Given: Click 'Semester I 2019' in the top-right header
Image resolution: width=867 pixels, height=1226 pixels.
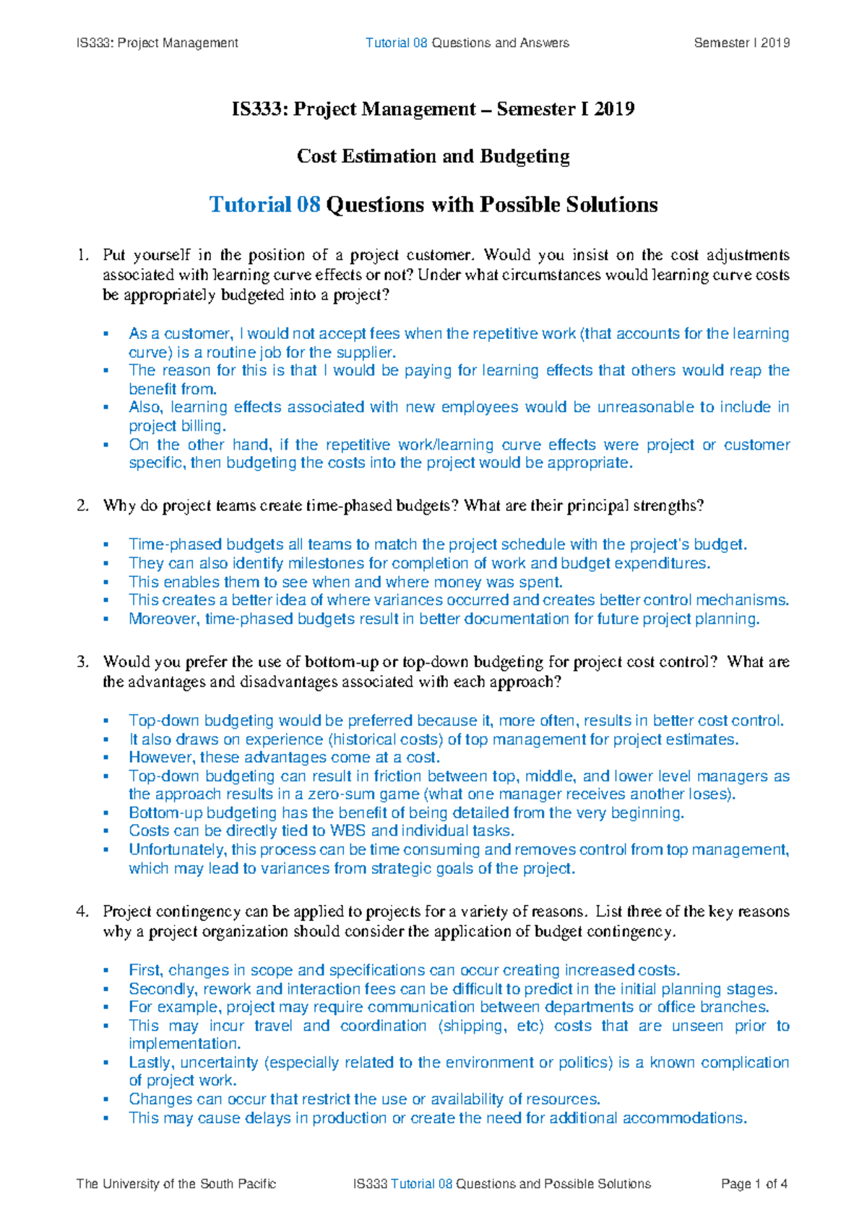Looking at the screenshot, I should pos(741,43).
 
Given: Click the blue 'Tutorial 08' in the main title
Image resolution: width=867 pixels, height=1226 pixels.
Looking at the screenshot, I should pos(264,205).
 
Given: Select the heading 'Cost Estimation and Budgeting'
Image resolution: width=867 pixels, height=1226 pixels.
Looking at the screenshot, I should pos(433,156).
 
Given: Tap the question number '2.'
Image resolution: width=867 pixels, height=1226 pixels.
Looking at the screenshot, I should pos(82,505).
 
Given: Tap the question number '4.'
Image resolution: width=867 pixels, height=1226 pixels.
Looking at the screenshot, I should pos(82,912).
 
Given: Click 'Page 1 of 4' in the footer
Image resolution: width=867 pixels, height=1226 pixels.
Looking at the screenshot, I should pos(754,1184).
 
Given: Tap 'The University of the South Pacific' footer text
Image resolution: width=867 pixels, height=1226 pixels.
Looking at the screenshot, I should pos(176,1184).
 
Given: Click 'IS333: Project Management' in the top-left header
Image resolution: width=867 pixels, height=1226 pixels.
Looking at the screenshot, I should pos(157,43).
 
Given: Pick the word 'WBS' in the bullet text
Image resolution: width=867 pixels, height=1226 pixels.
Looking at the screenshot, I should pos(348,831).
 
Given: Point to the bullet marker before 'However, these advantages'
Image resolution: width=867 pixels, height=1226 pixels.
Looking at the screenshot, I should pos(106,758).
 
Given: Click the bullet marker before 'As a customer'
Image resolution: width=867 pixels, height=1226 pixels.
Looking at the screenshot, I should pos(106,334).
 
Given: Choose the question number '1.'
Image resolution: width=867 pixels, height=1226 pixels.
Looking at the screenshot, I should pos(82,255).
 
